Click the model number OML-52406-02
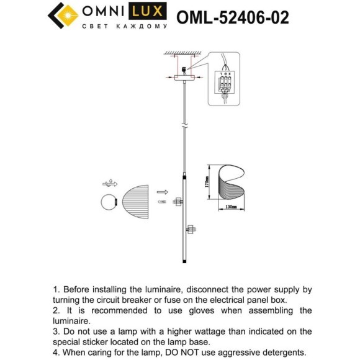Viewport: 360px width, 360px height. (x=233, y=17)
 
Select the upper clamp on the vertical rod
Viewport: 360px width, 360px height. (x=179, y=201)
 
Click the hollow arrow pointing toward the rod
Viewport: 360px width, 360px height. (x=162, y=192)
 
